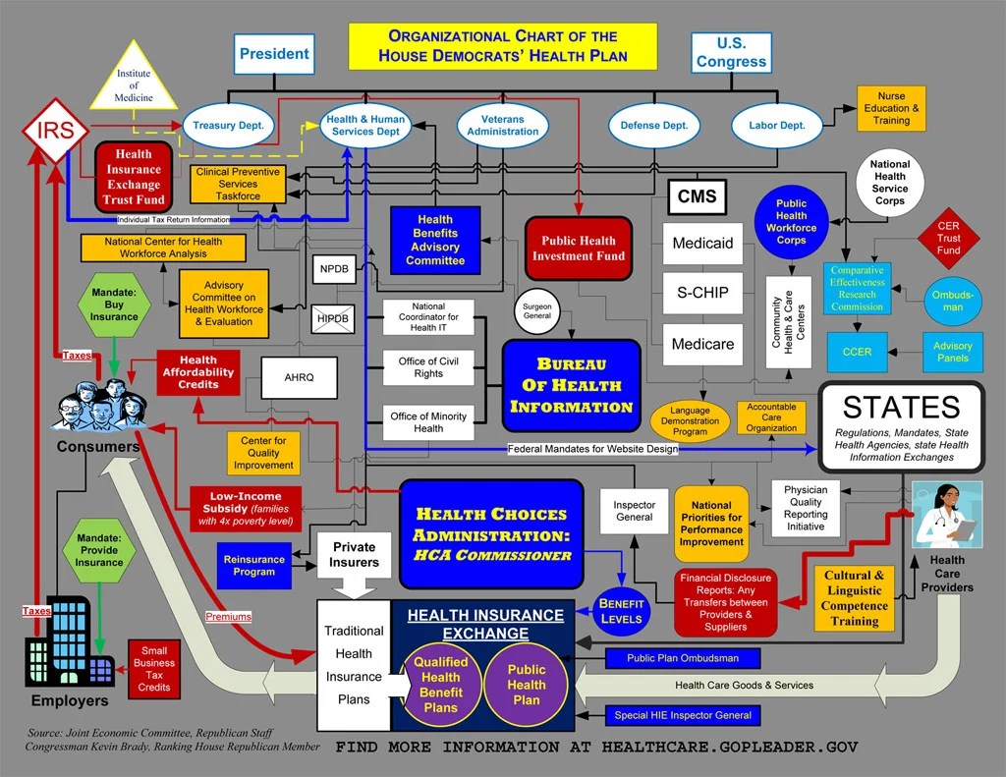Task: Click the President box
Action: (x=274, y=54)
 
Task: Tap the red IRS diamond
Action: (x=56, y=131)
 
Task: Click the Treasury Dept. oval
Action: (x=228, y=126)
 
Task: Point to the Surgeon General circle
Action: (x=537, y=311)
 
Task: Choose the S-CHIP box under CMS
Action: (x=702, y=294)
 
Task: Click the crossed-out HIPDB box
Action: (x=333, y=319)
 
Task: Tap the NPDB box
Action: (x=334, y=269)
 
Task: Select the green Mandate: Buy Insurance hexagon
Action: (x=114, y=305)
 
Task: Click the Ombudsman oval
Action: (x=953, y=301)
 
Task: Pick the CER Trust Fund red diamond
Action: (x=948, y=238)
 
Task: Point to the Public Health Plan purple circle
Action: (x=527, y=685)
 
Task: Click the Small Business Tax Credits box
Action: (x=154, y=669)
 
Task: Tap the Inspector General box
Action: (x=634, y=512)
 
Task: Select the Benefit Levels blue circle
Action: (x=621, y=611)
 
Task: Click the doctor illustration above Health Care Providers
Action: (x=947, y=515)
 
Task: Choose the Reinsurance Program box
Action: (x=254, y=566)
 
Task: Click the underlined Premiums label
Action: (x=228, y=617)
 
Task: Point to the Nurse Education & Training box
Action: (x=891, y=108)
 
